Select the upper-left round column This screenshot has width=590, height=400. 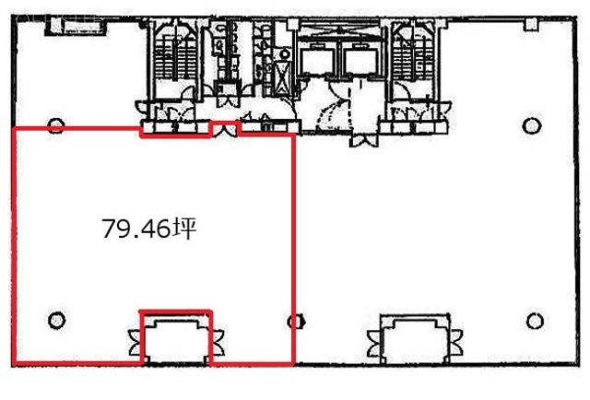click(56, 125)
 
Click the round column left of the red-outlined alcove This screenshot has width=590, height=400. click(56, 320)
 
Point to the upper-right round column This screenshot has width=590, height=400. click(532, 125)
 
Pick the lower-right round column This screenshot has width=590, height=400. click(535, 321)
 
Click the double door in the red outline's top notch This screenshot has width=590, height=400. click(224, 129)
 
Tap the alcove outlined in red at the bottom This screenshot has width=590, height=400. click(175, 339)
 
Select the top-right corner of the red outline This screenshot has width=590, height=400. click(293, 135)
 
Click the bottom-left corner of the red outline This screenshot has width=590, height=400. click(13, 359)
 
